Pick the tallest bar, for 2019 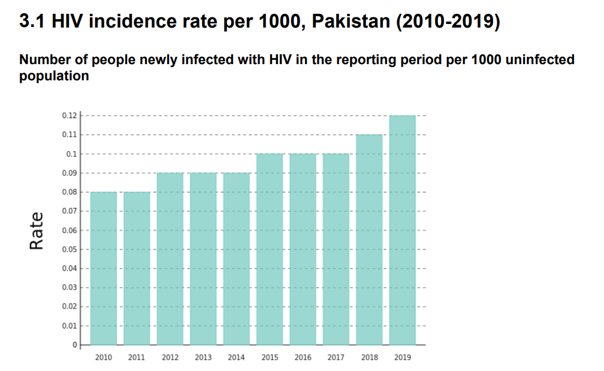[x=403, y=230]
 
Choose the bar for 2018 [x=369, y=240]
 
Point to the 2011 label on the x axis [x=137, y=358]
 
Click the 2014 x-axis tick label [x=236, y=358]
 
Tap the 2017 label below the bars [x=336, y=358]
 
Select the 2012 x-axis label [x=170, y=358]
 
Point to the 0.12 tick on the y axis [x=70, y=116]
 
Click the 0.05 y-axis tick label [x=70, y=249]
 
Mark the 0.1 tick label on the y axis [x=72, y=154]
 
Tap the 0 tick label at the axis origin [x=75, y=345]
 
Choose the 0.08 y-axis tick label [x=70, y=192]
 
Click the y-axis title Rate [x=37, y=230]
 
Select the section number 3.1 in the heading [x=32, y=22]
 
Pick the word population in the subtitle [x=54, y=76]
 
